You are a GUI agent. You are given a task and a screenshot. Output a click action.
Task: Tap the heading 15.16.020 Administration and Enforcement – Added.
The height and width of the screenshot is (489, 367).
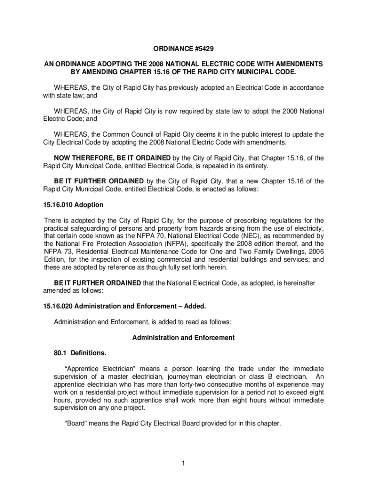pyautogui.click(x=125, y=306)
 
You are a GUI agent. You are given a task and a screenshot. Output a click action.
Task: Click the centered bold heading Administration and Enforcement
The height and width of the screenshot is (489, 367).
pyautogui.click(x=183, y=338)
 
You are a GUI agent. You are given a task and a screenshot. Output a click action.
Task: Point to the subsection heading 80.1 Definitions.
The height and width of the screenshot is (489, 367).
pyautogui.click(x=80, y=353)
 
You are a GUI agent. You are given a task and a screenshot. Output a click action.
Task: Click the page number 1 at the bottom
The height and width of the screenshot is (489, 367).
pyautogui.click(x=183, y=463)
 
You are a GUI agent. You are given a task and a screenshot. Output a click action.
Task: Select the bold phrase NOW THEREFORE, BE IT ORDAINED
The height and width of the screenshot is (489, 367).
pyautogui.click(x=112, y=158)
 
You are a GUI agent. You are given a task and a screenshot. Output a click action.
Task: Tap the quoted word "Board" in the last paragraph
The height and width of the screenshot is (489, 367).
pyautogui.click(x=75, y=423)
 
